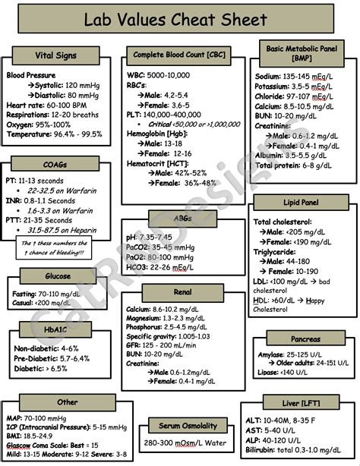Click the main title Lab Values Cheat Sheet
click(x=177, y=20)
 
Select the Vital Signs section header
click(x=55, y=56)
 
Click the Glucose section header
click(x=58, y=276)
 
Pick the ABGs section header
click(x=182, y=219)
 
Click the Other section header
click(x=68, y=401)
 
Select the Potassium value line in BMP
click(x=293, y=87)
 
